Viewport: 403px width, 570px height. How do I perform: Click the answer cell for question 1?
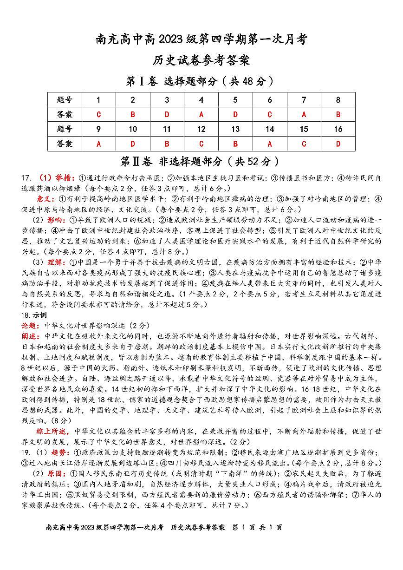98,114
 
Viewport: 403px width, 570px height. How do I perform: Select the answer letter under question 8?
338,114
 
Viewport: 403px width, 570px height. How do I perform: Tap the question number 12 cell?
201,129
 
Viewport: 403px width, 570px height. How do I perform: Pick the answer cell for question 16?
338,144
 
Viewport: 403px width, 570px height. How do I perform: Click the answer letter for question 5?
235,114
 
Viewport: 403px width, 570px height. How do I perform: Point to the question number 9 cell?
98,129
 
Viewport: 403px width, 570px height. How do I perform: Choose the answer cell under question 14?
270,144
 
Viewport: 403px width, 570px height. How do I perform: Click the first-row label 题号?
65,100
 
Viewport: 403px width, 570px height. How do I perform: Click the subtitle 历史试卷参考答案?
201,60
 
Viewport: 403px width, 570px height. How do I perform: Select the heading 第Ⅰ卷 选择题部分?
201,81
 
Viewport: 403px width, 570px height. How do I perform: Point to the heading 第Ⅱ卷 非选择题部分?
201,162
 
